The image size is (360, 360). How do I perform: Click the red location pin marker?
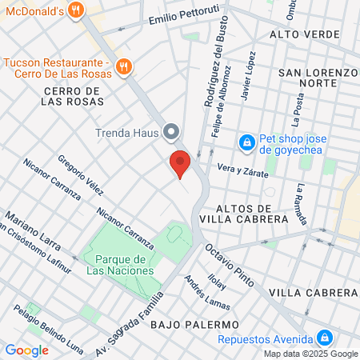click(x=181, y=164)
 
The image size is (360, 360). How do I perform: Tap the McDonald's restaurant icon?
click(x=76, y=10)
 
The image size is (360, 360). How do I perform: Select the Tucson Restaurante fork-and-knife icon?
click(x=124, y=67)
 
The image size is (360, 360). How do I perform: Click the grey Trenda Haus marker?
click(x=170, y=132)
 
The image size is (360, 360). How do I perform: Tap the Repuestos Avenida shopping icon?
click(x=324, y=338)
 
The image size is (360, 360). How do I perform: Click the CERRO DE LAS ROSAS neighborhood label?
click(x=70, y=97)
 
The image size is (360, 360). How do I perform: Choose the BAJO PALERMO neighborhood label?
click(x=194, y=325)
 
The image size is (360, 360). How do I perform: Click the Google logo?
click(x=26, y=350)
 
